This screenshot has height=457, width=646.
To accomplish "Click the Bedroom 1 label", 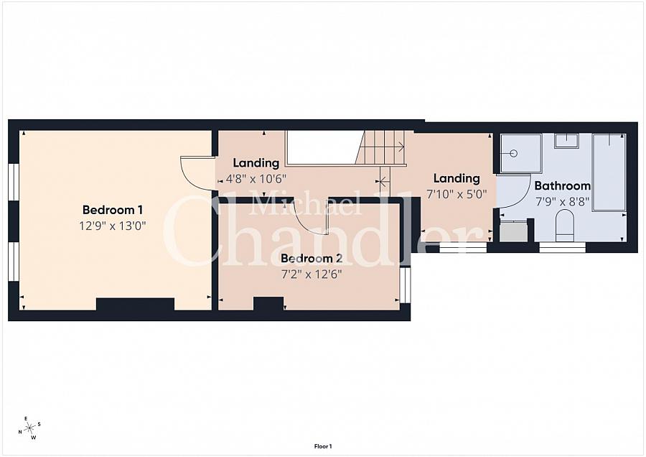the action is (x=113, y=210).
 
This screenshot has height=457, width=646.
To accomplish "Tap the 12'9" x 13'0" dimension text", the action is (x=113, y=226).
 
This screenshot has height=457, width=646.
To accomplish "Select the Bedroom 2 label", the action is (x=312, y=259).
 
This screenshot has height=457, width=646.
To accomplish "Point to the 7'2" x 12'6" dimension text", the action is (x=312, y=274).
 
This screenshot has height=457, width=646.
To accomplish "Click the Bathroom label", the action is (x=562, y=185).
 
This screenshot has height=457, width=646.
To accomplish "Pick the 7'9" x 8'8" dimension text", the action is (x=562, y=202).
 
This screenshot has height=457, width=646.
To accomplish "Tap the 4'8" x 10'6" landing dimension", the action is (x=256, y=180).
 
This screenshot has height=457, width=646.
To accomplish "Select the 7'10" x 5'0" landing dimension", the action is (x=457, y=194).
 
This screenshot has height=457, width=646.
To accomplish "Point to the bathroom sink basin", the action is (x=566, y=141).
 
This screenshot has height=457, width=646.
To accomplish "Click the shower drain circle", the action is (x=513, y=154).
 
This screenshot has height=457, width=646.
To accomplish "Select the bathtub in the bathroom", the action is (x=609, y=172).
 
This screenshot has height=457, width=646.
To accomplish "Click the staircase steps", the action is (x=381, y=147).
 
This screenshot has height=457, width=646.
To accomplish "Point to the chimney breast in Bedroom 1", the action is (x=135, y=305).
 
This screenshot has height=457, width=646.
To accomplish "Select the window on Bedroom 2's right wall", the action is (x=406, y=285).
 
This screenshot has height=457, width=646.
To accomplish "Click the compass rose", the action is (x=29, y=428).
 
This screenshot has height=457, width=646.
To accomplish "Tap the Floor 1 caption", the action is (x=323, y=446).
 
